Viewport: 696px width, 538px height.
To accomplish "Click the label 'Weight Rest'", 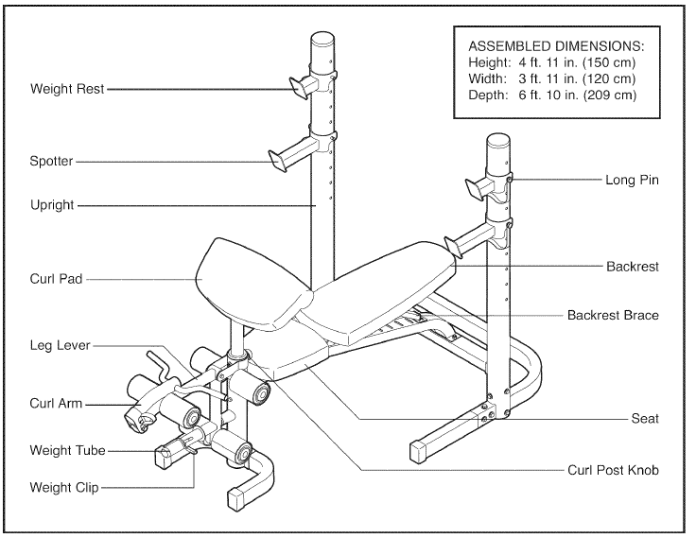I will (67, 89).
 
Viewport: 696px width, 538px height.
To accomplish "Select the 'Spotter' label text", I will (51, 162).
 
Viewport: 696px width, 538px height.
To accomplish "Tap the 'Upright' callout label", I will (52, 205).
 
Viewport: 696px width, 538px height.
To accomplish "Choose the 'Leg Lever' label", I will (61, 345).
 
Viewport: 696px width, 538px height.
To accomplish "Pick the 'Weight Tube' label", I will (67, 451).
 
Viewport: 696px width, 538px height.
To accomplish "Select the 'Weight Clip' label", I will (64, 488).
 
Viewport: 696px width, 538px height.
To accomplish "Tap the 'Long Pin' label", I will (632, 179).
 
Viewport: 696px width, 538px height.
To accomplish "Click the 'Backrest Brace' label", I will (613, 315).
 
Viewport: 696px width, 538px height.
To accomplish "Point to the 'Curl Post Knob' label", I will (613, 469).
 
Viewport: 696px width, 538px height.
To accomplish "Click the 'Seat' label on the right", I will (645, 418).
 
